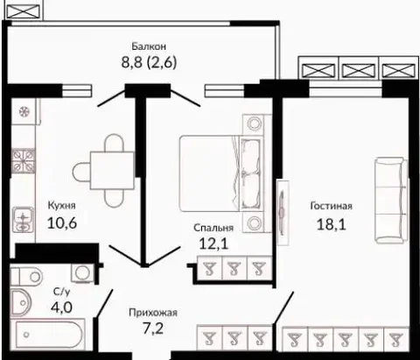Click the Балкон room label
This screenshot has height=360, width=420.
pos(149,46)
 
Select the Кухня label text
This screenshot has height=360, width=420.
pos(61,206)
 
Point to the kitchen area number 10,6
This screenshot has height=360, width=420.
pos(62,223)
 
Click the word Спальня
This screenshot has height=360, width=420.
pos(213,228)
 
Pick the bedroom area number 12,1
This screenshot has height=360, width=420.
pos(213,244)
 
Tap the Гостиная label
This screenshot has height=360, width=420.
pos(331,206)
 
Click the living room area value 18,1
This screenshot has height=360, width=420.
pos(332,224)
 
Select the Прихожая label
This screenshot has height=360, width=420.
pos(153,313)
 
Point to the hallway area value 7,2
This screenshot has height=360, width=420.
pos(153,328)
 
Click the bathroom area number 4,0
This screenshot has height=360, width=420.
pos(61,307)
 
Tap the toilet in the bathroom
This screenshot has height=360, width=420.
pos(26,276)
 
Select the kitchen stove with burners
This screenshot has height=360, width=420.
pos(24,160)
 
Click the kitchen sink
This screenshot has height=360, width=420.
pos(23,220)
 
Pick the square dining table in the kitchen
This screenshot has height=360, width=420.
pos(112,170)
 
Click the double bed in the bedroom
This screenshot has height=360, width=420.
pos(220,173)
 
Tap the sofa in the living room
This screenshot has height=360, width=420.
pos(391,201)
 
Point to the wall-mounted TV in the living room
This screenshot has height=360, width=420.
pos(283,213)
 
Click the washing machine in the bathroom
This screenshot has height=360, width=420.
pos(83,272)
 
